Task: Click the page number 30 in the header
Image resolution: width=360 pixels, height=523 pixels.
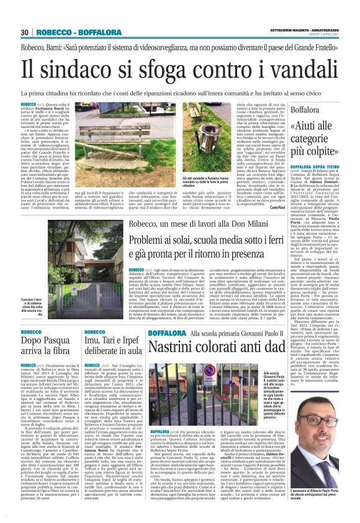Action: coord(25,32)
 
